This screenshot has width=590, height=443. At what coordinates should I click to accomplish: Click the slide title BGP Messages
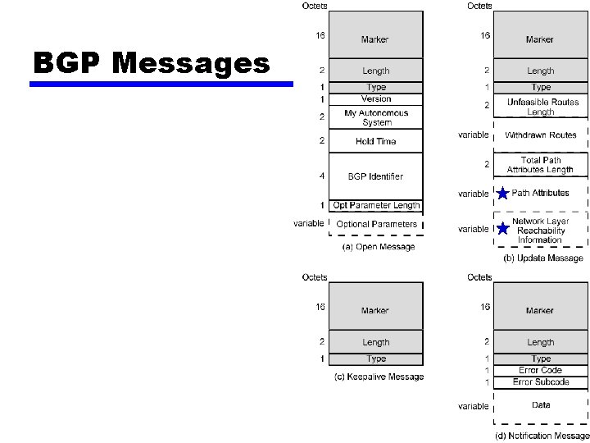(152, 62)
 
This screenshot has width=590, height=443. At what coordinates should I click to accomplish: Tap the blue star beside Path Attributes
(502, 194)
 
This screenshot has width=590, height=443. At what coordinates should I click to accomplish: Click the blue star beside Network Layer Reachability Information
(502, 229)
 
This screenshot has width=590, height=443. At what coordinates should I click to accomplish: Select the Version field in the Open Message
(376, 99)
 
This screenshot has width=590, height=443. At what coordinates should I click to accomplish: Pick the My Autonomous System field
(376, 117)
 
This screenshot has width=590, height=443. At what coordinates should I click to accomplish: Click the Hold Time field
(376, 141)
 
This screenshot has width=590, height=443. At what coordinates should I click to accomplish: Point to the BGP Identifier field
(376, 176)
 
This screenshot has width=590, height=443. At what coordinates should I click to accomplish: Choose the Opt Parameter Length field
(376, 205)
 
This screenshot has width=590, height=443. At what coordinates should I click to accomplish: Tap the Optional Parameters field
(376, 223)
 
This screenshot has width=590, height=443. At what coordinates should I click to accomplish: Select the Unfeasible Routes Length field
(541, 107)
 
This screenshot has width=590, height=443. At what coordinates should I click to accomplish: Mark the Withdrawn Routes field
(541, 135)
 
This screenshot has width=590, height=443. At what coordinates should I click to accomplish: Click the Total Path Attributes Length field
(541, 165)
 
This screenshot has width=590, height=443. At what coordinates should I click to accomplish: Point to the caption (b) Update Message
(543, 258)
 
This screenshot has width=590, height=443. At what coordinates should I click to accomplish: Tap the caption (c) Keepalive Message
(379, 377)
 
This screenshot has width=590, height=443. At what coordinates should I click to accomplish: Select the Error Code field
(541, 370)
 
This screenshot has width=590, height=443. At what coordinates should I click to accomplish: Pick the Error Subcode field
(541, 381)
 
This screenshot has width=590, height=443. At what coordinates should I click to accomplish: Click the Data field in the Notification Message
(541, 405)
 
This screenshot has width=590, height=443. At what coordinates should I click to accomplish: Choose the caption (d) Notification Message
(542, 436)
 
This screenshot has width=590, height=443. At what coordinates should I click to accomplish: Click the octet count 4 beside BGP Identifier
(322, 175)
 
